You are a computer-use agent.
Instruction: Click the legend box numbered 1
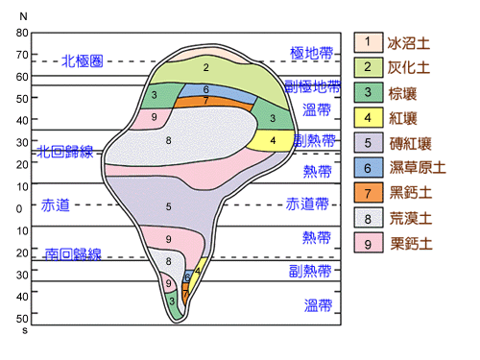pos(368,42)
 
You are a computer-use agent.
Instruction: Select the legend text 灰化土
pos(410,67)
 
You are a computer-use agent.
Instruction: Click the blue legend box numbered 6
pos(368,168)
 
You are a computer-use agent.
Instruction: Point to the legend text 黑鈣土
pos(410,193)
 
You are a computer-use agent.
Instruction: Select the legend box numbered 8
pos(368,218)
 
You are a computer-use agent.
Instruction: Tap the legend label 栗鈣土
pos(410,243)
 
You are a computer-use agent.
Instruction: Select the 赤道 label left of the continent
pos(56,205)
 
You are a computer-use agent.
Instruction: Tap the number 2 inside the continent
pos(205,67)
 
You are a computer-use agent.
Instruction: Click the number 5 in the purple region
pos(169,206)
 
